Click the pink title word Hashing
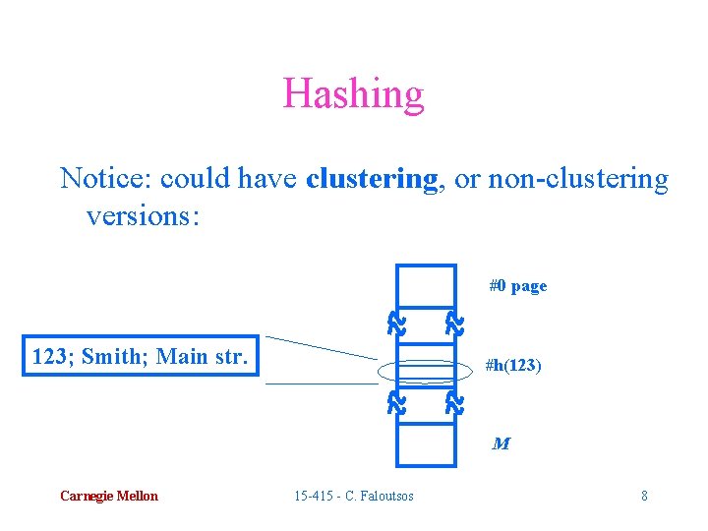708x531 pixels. (x=353, y=94)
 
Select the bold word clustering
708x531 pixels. (x=372, y=179)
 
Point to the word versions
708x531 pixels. (x=143, y=214)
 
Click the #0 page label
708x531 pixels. (x=518, y=286)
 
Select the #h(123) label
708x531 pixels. (x=512, y=366)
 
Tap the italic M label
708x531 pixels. (x=501, y=443)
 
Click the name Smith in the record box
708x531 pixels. (x=113, y=356)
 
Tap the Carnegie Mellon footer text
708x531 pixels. (x=108, y=496)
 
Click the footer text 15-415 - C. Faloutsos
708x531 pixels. (x=354, y=496)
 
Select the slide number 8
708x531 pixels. (x=644, y=496)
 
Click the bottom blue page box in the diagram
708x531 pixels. (x=426, y=442)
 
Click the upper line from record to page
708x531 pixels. (x=320, y=347)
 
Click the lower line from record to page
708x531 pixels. (x=320, y=383)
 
